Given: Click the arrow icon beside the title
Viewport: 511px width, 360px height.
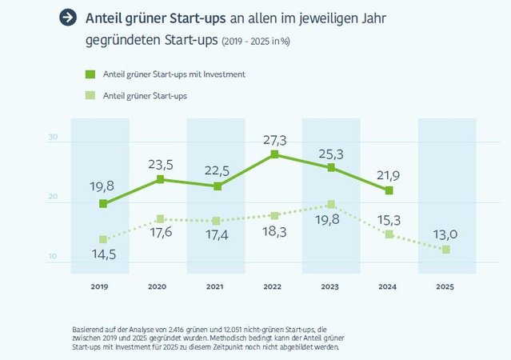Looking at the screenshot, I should [69, 18].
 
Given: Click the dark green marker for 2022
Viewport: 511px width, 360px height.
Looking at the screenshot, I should [274, 154].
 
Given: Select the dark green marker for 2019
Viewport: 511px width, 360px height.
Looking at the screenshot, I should [103, 204].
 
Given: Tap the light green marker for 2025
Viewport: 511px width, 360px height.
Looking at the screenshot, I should [446, 250].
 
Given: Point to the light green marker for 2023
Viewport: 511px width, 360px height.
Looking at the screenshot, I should [331, 205].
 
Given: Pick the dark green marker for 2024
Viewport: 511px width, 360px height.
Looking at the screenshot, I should [389, 190].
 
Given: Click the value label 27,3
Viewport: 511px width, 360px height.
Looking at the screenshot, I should [274, 140].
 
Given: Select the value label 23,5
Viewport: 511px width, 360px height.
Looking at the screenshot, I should [162, 165].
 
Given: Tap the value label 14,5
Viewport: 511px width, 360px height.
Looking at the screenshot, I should [103, 254].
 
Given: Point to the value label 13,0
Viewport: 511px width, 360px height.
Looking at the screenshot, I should [446, 234].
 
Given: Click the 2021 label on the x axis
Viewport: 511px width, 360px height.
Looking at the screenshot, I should [215, 286].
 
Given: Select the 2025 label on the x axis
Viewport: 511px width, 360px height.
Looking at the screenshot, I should [446, 286].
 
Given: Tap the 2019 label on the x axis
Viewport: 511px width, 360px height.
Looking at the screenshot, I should [101, 286].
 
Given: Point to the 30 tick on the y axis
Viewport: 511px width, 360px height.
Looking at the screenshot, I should [53, 137].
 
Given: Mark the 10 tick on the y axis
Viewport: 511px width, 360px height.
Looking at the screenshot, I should [53, 257].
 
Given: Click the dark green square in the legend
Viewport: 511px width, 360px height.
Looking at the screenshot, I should [90, 74].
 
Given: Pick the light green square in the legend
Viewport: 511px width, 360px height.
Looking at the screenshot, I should [90, 95].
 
